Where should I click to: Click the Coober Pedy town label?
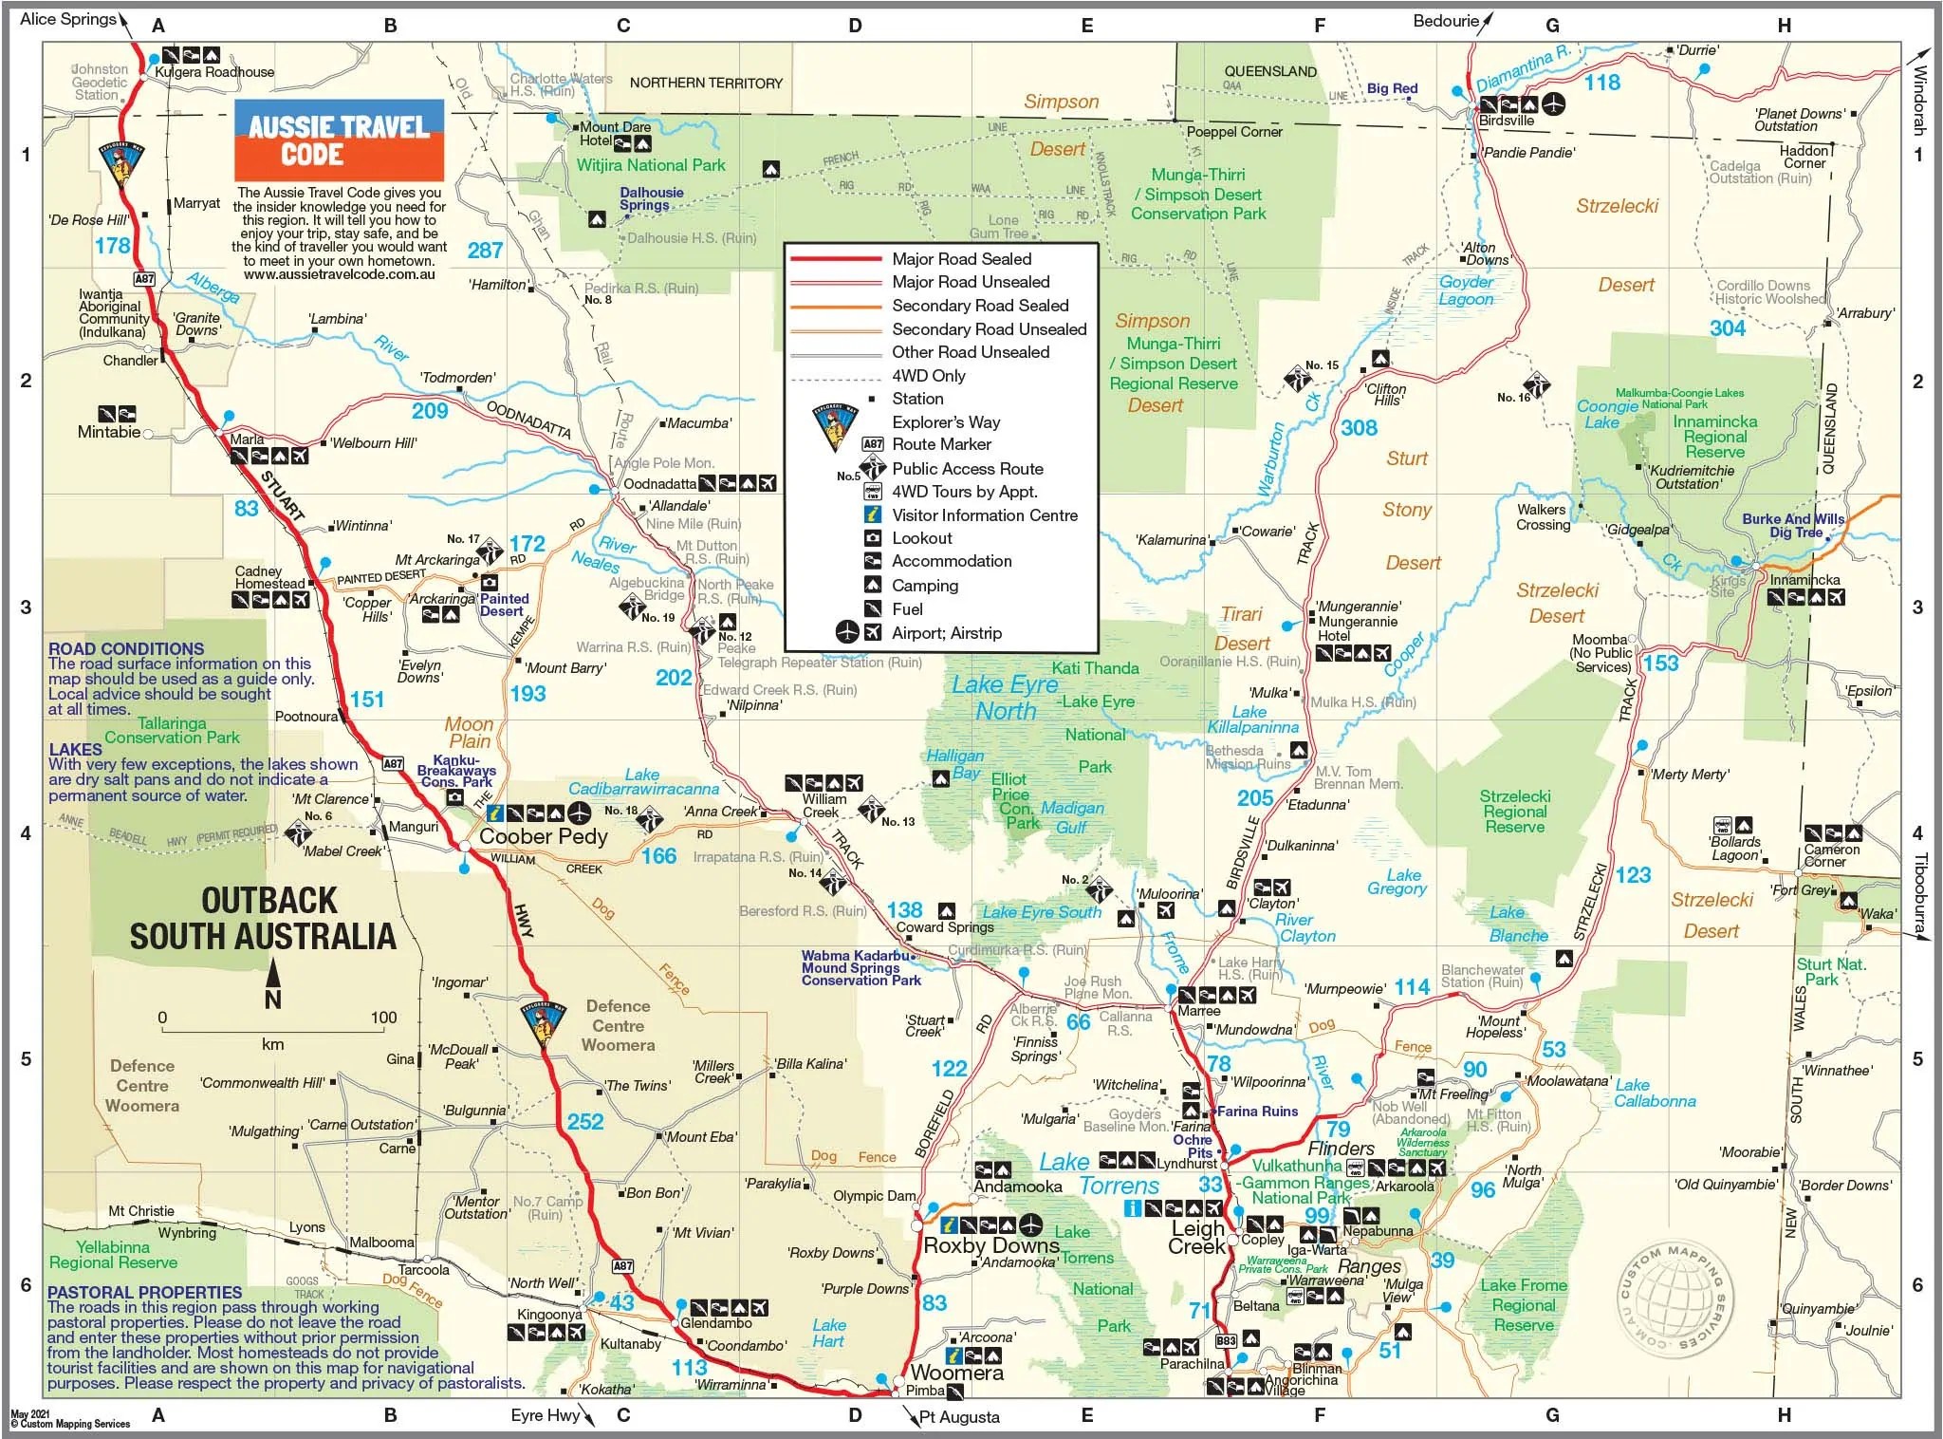point(543,836)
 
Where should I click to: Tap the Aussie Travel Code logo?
point(339,140)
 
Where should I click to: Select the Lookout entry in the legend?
point(921,538)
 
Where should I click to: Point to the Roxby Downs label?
point(990,1244)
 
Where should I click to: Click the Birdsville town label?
point(1507,121)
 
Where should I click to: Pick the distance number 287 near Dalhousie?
point(485,251)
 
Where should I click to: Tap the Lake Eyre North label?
point(1005,698)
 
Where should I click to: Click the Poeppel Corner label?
point(1233,132)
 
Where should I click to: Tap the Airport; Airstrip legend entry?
point(946,633)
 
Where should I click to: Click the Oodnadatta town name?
point(659,484)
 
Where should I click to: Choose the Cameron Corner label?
point(1830,855)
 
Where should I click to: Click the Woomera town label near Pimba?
point(956,1373)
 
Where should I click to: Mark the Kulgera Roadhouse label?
point(214,72)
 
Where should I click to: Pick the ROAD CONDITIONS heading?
point(126,648)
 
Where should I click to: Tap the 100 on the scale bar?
point(383,1018)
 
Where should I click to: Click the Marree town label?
point(1199,1011)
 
